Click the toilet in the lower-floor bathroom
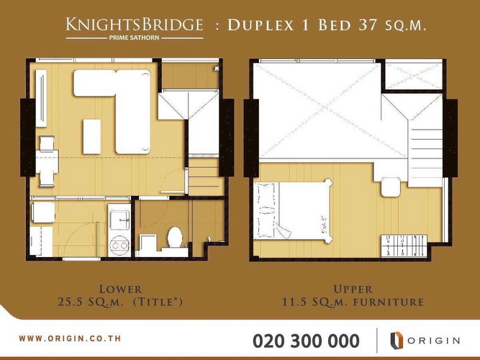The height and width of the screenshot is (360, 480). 173,237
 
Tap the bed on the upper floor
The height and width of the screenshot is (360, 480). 295,209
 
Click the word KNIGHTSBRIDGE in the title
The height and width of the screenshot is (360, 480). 134,25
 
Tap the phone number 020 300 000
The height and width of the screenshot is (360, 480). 307,340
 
